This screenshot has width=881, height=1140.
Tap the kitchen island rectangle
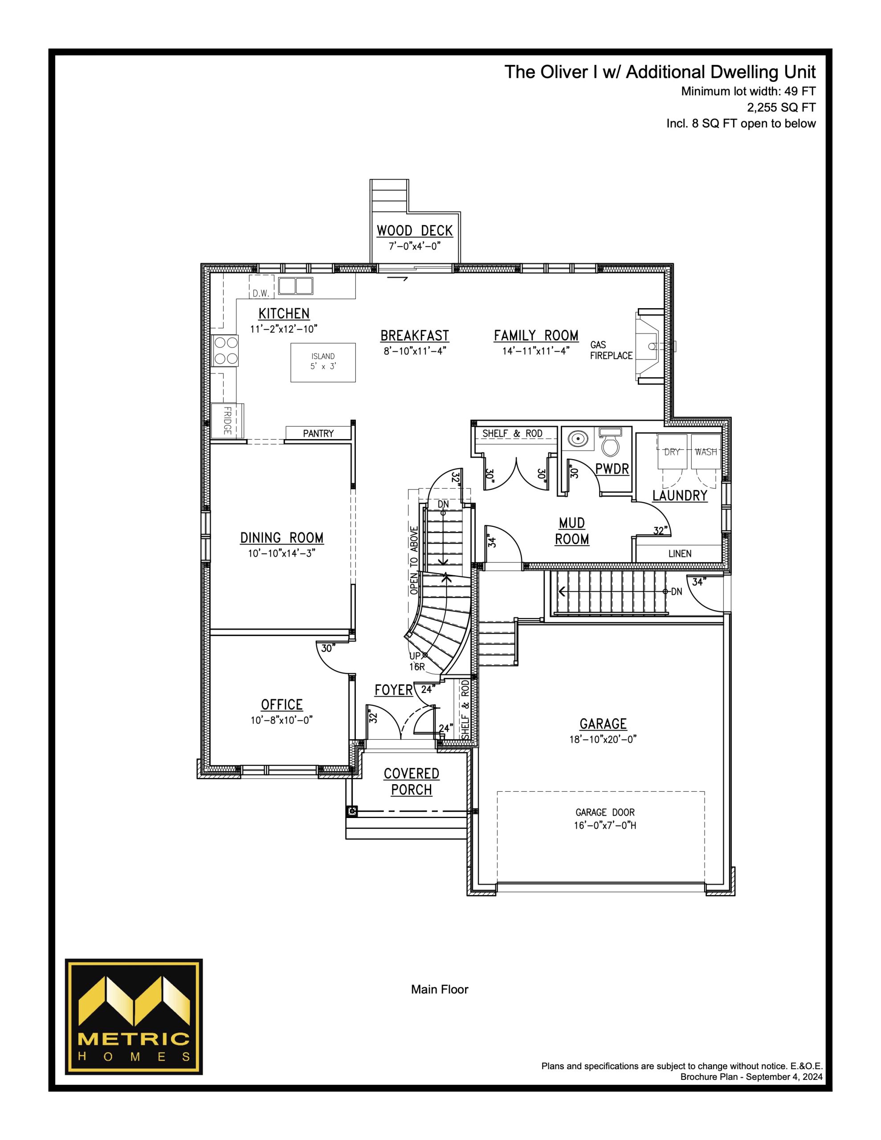[x=323, y=362]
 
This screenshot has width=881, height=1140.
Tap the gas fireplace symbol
[x=651, y=346]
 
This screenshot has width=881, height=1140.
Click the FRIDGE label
[x=227, y=420]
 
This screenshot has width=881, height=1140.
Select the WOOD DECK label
[x=415, y=231]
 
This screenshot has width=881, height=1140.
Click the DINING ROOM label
[x=282, y=537]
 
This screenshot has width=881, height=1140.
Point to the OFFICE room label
[x=282, y=704]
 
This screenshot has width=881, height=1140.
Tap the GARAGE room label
[x=603, y=724]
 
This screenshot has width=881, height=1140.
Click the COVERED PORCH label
[x=412, y=782]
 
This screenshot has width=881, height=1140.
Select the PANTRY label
[x=318, y=433]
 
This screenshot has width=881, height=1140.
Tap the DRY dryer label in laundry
[x=672, y=452]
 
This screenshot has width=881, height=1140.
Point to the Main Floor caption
[x=440, y=989]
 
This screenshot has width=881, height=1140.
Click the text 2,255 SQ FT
[x=781, y=107]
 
